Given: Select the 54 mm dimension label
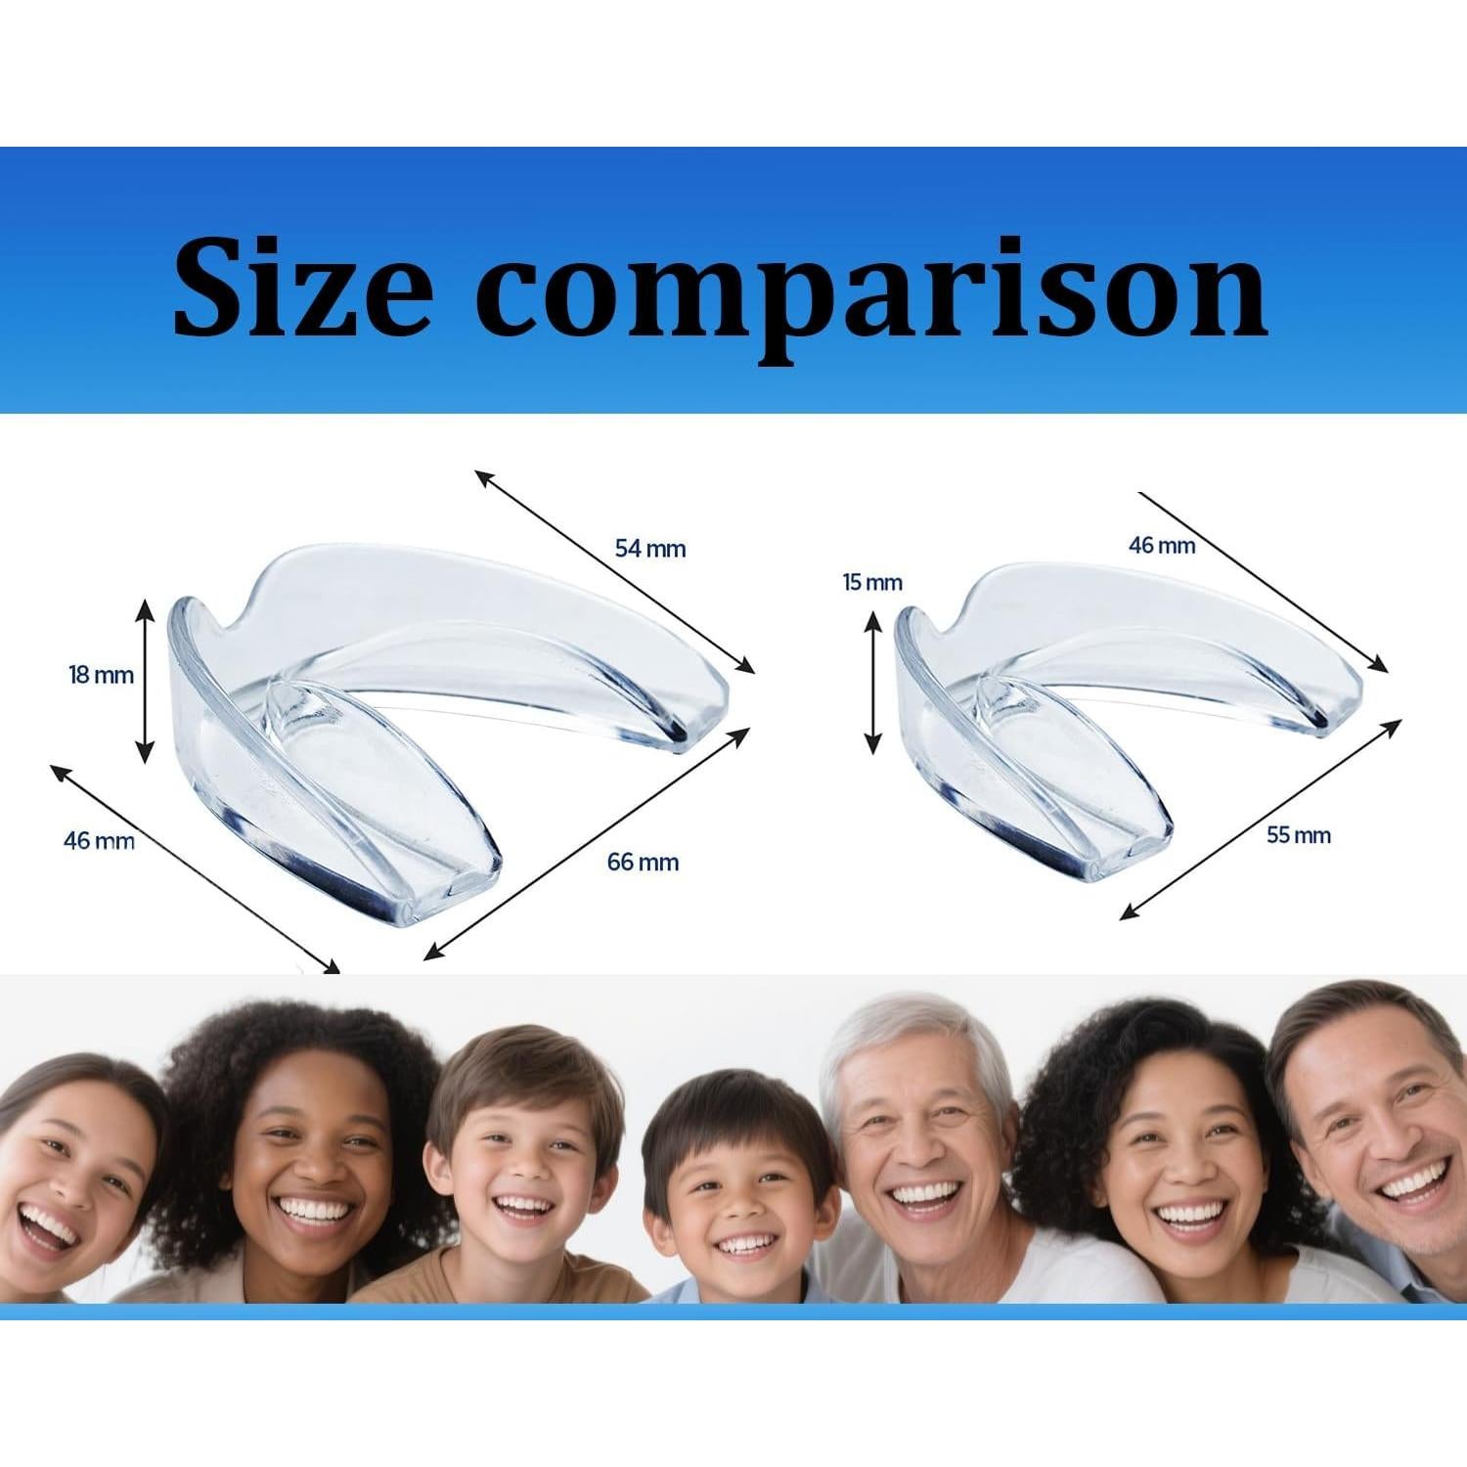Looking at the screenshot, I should click(x=650, y=549).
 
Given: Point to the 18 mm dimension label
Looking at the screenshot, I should click(x=101, y=674).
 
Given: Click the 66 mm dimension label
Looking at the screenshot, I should click(x=643, y=862).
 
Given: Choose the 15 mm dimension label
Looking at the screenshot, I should click(x=872, y=583).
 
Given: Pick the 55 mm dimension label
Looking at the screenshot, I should click(x=1299, y=835).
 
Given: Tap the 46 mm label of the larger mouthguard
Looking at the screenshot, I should click(x=99, y=840).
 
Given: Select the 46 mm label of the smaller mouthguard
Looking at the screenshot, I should click(x=1162, y=546).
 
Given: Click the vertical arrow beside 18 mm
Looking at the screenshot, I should click(x=145, y=681).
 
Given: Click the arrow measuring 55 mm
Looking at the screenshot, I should click(x=1262, y=818).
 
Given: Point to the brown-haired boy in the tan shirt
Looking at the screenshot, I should click(x=523, y=1174).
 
